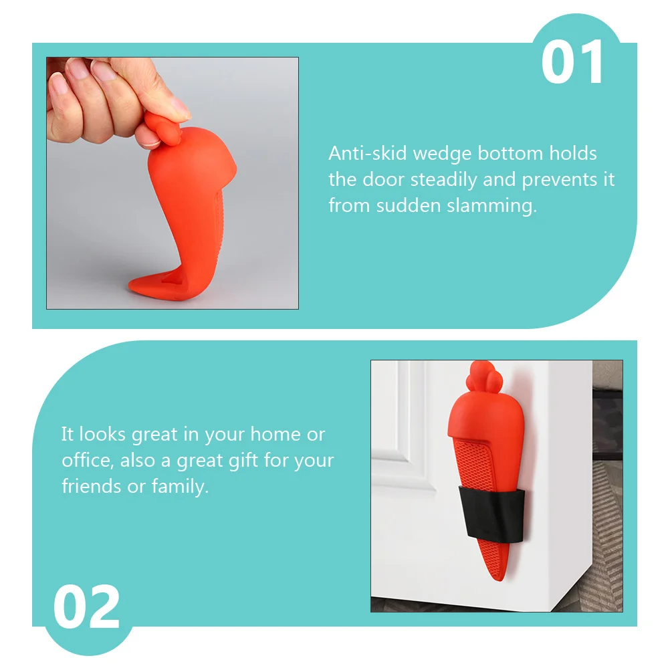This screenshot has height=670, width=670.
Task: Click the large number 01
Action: (572, 63)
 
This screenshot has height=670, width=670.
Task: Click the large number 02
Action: (87, 608)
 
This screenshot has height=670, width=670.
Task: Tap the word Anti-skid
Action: (367, 153)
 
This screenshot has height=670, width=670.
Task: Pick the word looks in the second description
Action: (103, 434)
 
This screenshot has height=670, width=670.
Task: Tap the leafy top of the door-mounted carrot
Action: (478, 375)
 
